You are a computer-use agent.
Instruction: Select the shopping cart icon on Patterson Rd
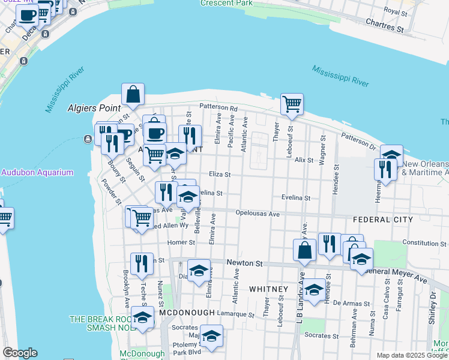coord(292,105)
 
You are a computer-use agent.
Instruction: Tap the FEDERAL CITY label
coord(383,220)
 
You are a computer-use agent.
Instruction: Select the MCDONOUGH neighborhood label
coord(187,313)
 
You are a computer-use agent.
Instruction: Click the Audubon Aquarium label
coord(37,172)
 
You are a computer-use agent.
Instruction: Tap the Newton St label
coord(244,263)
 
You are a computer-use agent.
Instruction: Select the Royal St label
coord(396,11)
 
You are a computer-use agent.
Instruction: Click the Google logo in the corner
coord(20,353)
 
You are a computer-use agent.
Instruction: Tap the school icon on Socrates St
coord(211,337)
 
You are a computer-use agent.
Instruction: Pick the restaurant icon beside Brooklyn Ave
coord(142,264)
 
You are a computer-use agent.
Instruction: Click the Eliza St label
coord(219,174)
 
